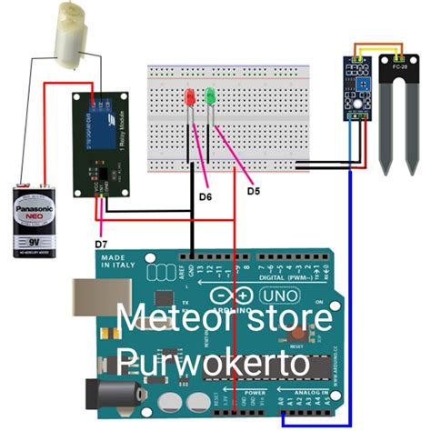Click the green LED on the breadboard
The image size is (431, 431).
[x=210, y=95]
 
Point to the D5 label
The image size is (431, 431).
[x=254, y=190]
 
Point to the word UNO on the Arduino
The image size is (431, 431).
[x=279, y=296]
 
